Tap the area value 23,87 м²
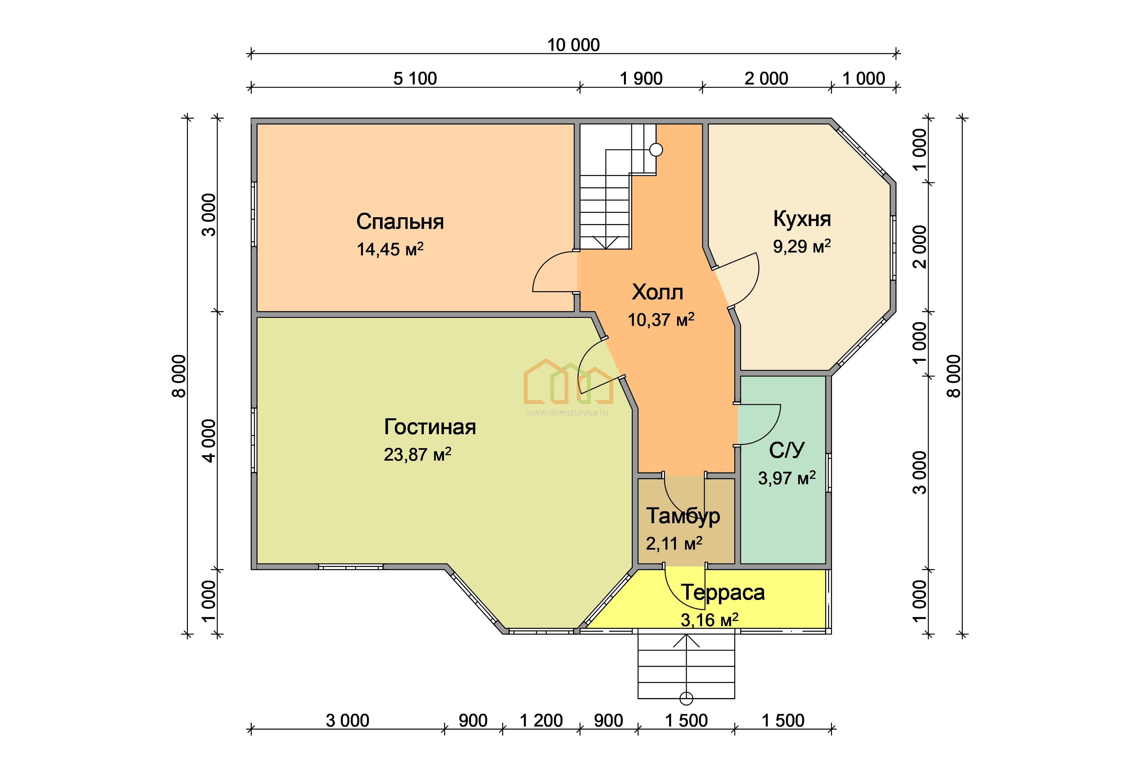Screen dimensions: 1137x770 click(x=417, y=454)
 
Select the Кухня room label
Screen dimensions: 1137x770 click(x=802, y=219)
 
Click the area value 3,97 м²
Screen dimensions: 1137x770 click(x=787, y=477)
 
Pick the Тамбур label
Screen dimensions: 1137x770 click(x=683, y=516)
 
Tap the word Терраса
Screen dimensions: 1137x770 click(x=723, y=592)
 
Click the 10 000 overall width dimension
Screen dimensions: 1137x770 click(x=573, y=45)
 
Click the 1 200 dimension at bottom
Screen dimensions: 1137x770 click(x=541, y=721)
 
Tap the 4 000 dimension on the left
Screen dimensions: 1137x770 click(x=209, y=440)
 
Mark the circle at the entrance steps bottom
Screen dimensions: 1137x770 click(x=686, y=698)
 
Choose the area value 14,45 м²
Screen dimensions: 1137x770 click(x=390, y=249)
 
